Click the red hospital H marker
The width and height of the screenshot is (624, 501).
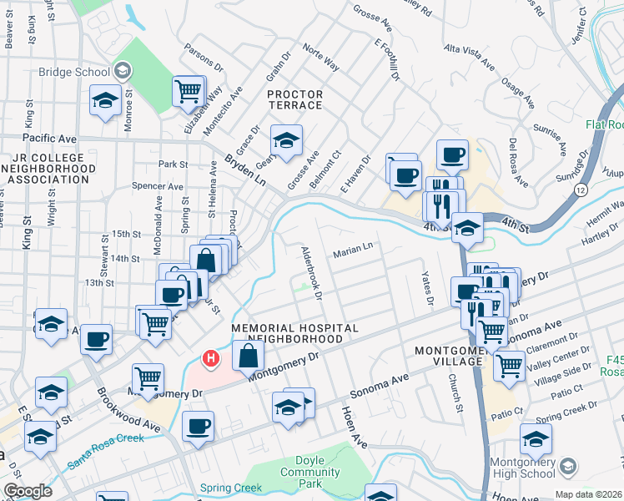[x=211, y=359]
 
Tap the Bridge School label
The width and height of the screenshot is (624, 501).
[x=74, y=72]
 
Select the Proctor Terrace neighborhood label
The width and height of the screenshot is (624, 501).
[x=294, y=100]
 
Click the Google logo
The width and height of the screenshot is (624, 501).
[x=28, y=491]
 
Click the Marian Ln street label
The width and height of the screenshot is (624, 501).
[x=353, y=248]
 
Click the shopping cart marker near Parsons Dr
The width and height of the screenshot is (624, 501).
[x=189, y=89]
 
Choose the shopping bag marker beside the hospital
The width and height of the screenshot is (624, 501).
[x=249, y=355]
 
